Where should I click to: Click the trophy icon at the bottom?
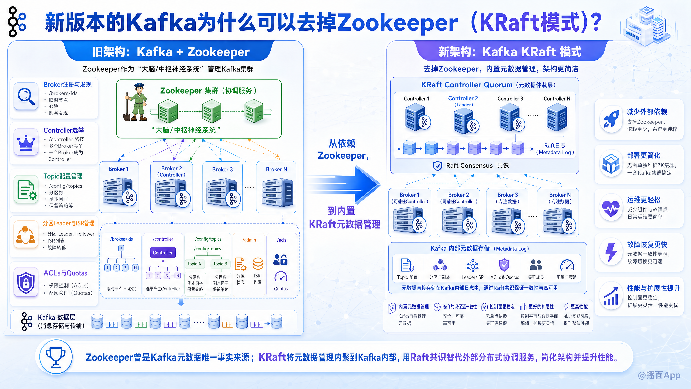click(x=56, y=357)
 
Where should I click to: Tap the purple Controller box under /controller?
click(x=163, y=253)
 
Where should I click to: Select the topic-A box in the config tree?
click(x=195, y=264)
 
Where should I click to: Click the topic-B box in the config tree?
click(x=220, y=264)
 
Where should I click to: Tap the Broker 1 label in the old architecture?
click(x=118, y=169)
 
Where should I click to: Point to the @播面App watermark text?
click(x=659, y=375)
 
